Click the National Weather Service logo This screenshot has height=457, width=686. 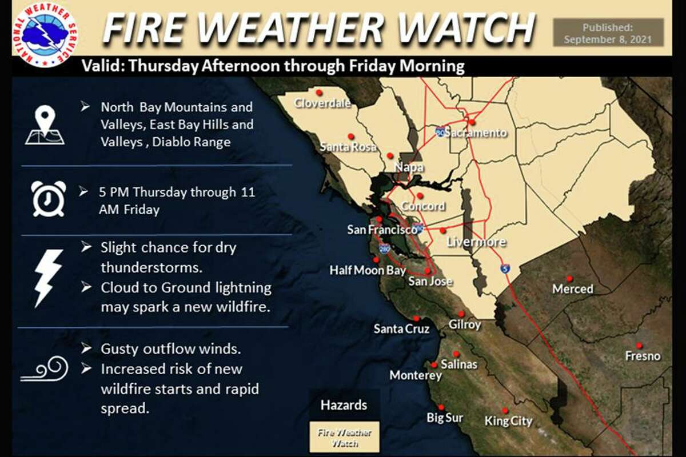[44, 34]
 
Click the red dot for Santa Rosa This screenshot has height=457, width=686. [352, 136]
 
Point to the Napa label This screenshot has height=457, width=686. [409, 167]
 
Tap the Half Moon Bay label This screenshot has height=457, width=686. [367, 271]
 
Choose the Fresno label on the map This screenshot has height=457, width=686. [643, 356]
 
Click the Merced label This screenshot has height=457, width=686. [572, 289]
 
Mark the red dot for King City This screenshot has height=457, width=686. [505, 410]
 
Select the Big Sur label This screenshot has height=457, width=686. [444, 418]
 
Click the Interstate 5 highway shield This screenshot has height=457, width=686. [505, 268]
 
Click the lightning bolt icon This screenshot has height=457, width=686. [47, 277]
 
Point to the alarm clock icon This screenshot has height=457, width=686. [49, 198]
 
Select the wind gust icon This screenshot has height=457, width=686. [45, 370]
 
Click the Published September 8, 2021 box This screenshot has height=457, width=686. [608, 33]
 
